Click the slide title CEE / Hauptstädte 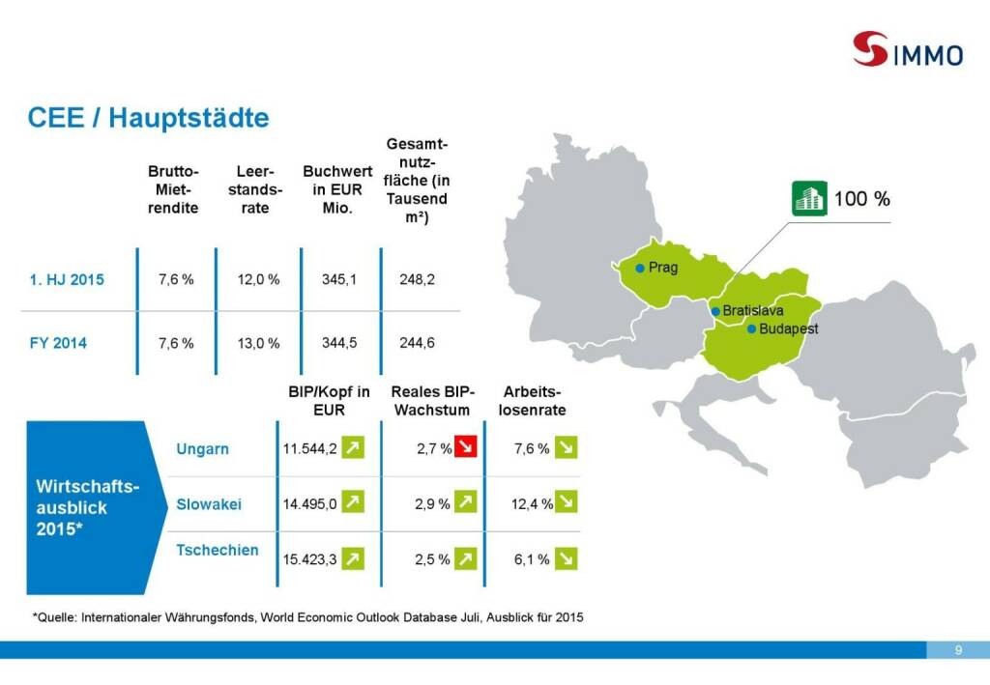148,118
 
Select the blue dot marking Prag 639,268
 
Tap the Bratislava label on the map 752,311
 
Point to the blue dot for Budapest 751,329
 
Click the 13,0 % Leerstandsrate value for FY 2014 258,342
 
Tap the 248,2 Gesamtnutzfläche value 417,279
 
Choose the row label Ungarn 203,449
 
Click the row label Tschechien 218,550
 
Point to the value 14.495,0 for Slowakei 309,503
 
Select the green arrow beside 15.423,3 354,558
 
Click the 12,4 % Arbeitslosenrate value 532,503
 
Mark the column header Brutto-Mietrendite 173,189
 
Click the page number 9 957,649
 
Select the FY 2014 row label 57,342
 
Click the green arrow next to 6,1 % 566,558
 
